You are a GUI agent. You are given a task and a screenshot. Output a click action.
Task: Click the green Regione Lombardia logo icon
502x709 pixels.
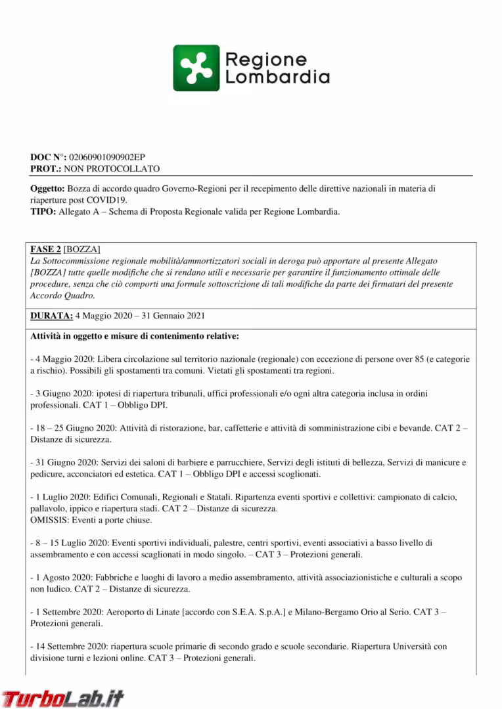(x=196, y=68)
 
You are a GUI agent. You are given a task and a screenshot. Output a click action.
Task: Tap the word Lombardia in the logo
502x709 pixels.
(x=277, y=77)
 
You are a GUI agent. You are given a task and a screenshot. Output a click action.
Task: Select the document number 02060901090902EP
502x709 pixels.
(x=106, y=158)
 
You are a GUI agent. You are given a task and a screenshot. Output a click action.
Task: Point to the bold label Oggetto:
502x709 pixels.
(x=47, y=188)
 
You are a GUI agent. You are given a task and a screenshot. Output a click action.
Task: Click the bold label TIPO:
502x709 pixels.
(x=42, y=211)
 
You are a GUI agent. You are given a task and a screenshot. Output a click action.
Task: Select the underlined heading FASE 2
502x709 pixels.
(x=45, y=249)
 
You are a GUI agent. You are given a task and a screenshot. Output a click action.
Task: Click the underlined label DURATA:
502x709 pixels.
(x=51, y=316)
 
